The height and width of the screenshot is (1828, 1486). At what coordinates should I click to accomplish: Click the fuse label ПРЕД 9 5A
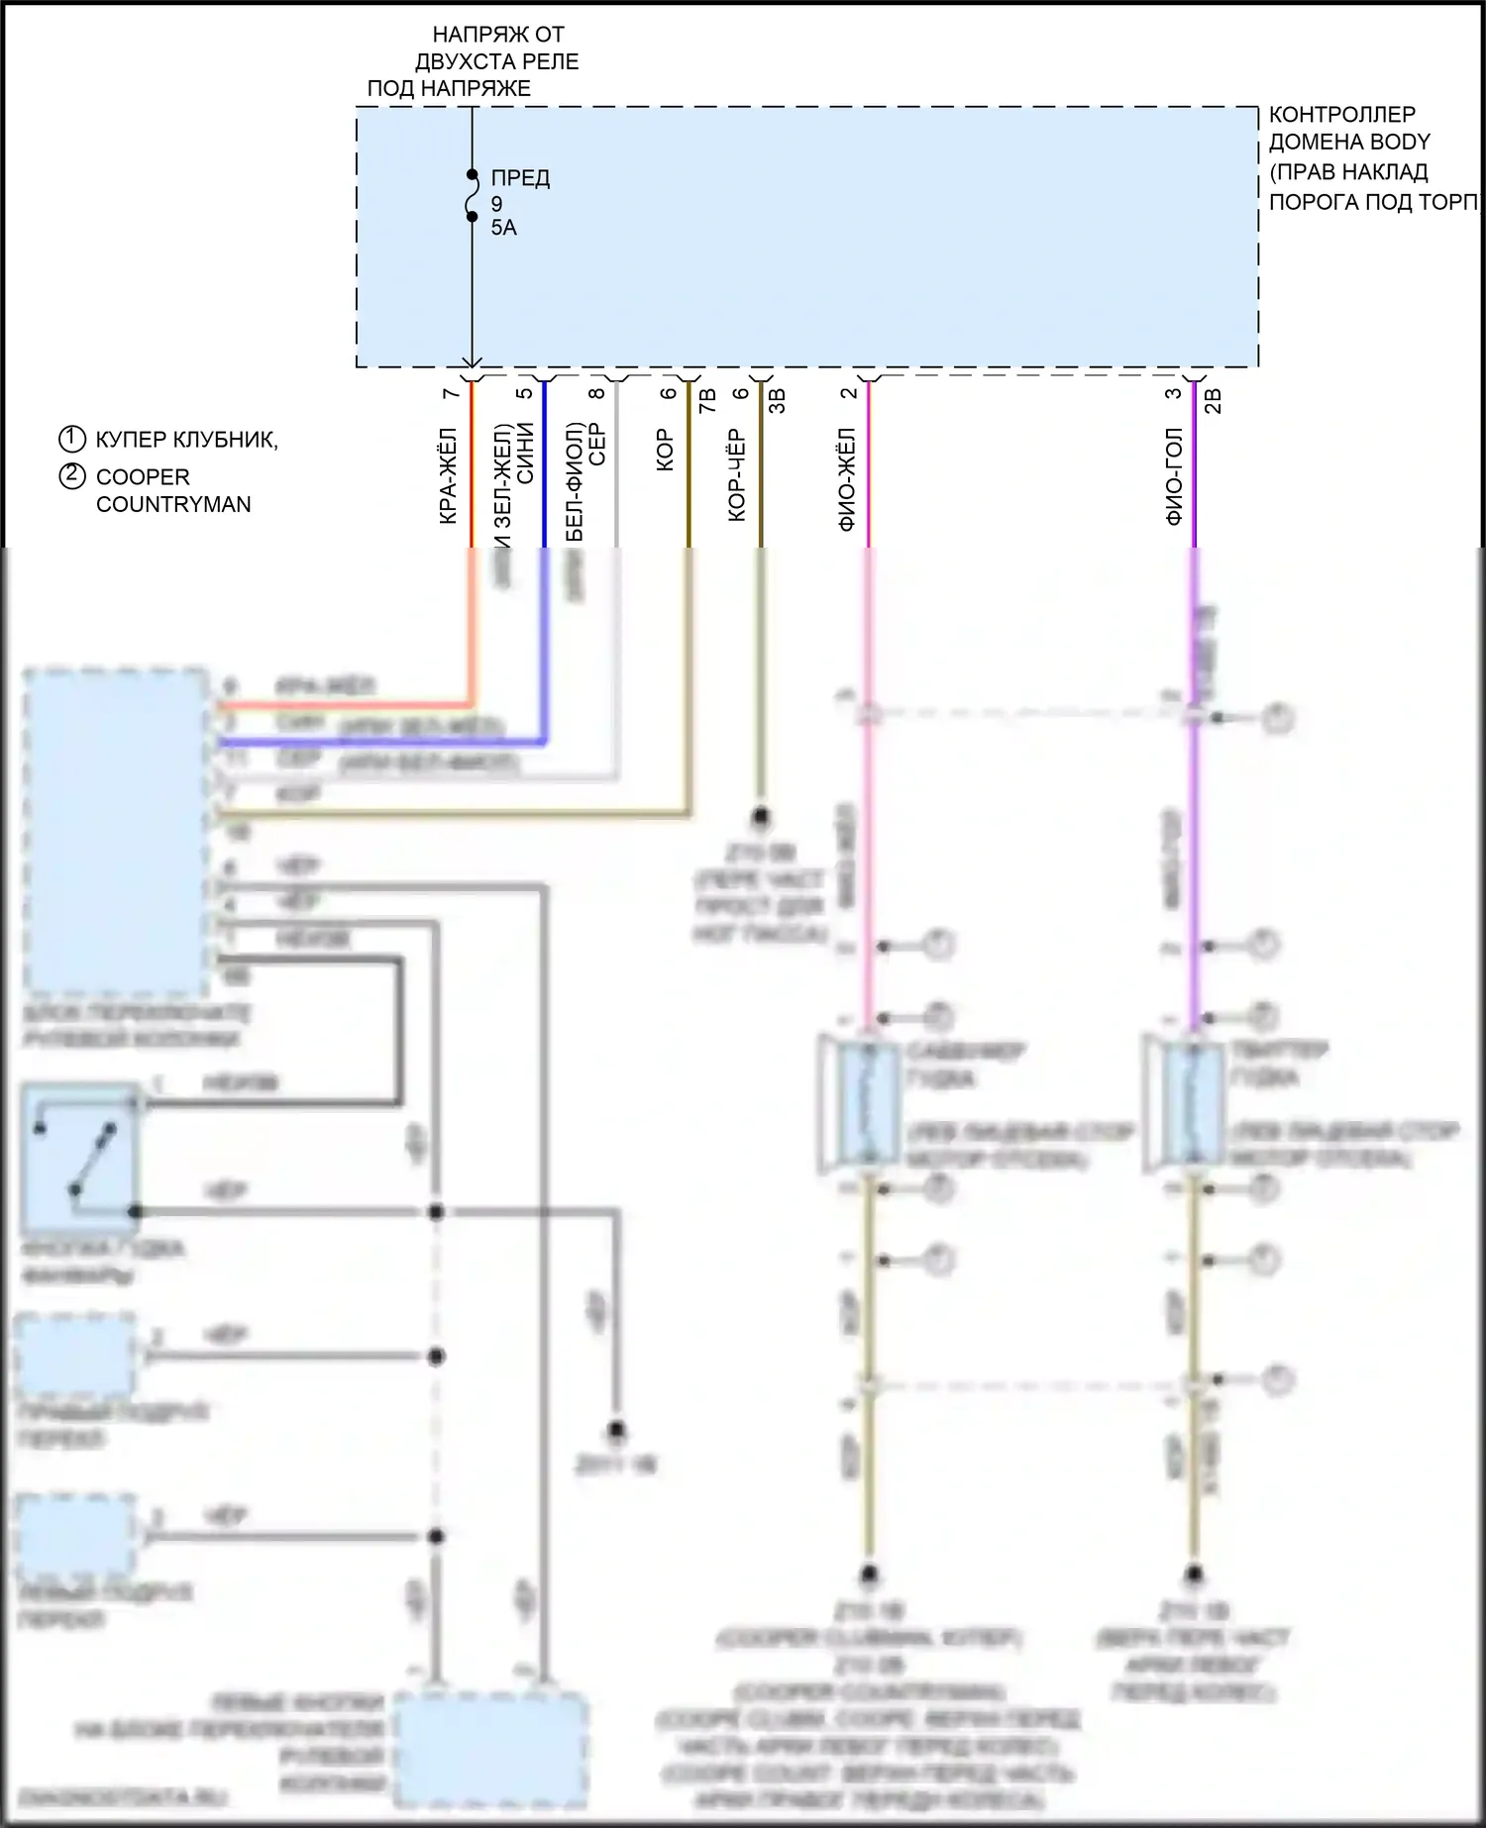pos(519,203)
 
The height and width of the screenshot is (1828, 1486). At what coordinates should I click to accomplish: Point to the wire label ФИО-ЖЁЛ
pos(847,479)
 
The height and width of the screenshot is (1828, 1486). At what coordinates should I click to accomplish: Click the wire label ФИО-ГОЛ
pos(1174,476)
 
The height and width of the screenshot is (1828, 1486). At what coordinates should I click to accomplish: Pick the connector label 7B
pos(707,401)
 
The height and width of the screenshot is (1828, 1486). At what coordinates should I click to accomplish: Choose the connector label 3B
pos(778,401)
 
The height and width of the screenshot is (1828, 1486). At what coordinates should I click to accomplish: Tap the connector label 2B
pos(1213,401)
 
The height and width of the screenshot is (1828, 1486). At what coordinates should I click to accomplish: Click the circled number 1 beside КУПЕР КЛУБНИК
pos(72,439)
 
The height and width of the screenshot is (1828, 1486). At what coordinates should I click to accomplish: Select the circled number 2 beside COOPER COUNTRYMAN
pos(72,476)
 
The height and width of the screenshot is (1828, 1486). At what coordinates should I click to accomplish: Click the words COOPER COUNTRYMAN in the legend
pos(173,490)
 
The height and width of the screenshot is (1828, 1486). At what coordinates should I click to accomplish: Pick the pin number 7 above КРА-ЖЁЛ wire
pos(451,394)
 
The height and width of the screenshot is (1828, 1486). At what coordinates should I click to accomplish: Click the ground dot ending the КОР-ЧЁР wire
pos(761,818)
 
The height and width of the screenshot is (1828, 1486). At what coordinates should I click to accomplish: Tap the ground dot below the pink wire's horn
pos(869,1574)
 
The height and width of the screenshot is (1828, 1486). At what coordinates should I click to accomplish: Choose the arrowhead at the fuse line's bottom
pos(473,362)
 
